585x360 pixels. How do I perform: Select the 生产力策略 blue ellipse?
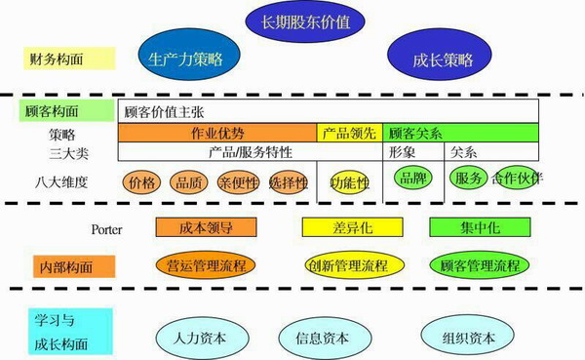click(x=186, y=59)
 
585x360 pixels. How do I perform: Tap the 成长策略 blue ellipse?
click(x=434, y=59)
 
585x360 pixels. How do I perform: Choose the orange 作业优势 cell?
click(x=218, y=133)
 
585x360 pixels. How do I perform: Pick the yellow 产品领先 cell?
click(x=348, y=133)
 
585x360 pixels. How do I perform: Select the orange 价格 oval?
click(x=142, y=182)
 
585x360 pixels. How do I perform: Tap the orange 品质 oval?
click(x=189, y=182)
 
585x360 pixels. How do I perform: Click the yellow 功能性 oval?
click(x=349, y=182)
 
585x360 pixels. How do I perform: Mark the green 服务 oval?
click(x=469, y=180)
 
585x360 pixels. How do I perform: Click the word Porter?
click(x=106, y=229)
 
